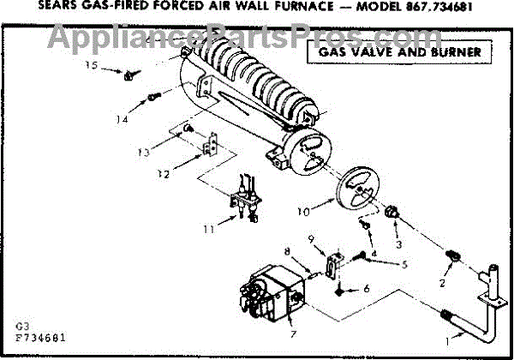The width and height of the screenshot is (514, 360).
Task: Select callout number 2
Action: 443,282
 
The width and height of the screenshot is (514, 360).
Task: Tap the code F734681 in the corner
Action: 39,338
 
